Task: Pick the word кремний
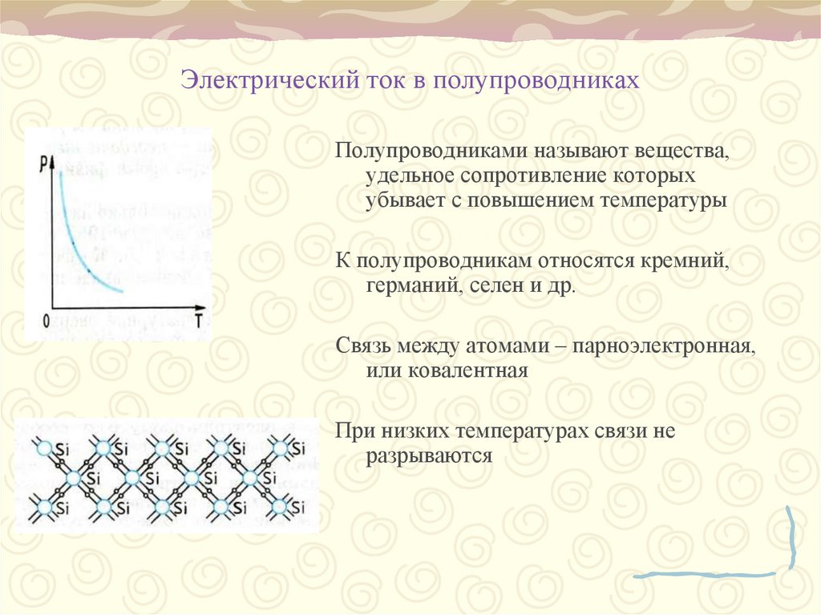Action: tap(689, 262)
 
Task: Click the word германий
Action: tap(410, 287)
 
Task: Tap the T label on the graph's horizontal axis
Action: tap(197, 321)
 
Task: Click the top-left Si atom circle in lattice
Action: tap(45, 447)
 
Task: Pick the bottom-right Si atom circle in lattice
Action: tap(279, 507)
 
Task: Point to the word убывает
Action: tap(396, 200)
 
